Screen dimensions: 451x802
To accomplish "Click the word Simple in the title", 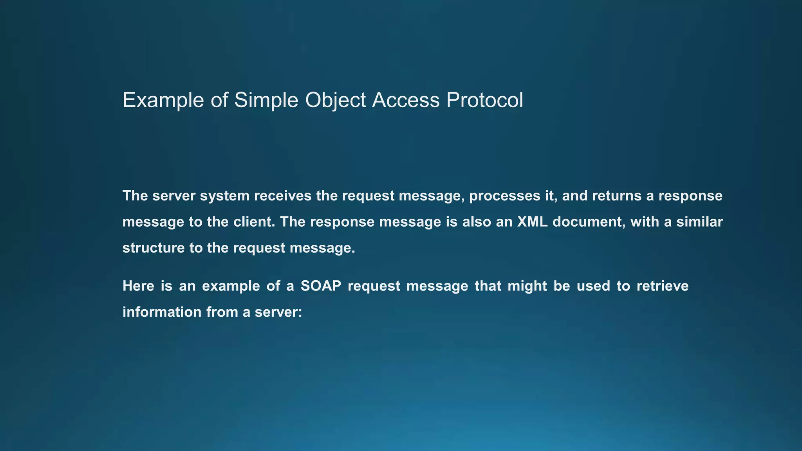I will click(x=266, y=100).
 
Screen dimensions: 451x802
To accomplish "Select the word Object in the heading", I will click(x=335, y=100).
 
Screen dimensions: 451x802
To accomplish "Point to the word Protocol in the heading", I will click(x=484, y=100).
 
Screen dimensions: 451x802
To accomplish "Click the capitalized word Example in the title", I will click(x=163, y=100).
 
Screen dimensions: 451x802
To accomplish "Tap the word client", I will click(x=254, y=222).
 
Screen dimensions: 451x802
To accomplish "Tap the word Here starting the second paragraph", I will click(x=138, y=286).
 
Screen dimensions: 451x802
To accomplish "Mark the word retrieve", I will click(x=662, y=286).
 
